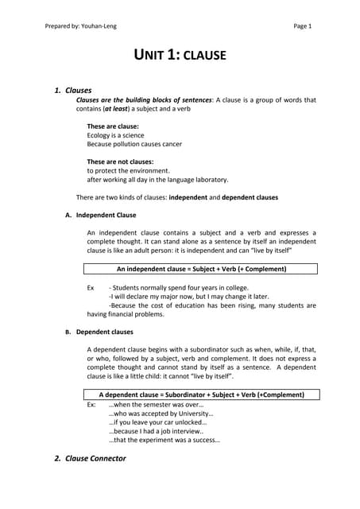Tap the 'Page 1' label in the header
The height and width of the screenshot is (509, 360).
tap(303, 25)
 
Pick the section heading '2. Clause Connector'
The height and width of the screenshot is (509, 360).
tap(89, 459)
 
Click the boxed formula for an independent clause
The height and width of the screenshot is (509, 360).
tap(201, 269)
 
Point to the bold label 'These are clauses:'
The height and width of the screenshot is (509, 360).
tap(113, 126)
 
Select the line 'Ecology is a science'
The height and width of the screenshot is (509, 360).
tap(115, 135)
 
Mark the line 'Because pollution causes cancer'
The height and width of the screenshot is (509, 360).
tap(134, 144)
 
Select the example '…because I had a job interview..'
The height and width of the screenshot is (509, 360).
tap(156, 431)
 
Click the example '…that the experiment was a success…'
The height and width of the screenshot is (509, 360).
tap(164, 440)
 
